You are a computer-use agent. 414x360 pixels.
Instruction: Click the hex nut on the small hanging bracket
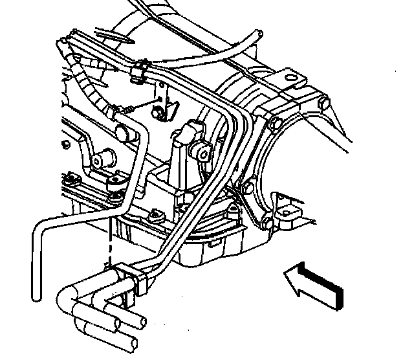(x=158, y=113)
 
